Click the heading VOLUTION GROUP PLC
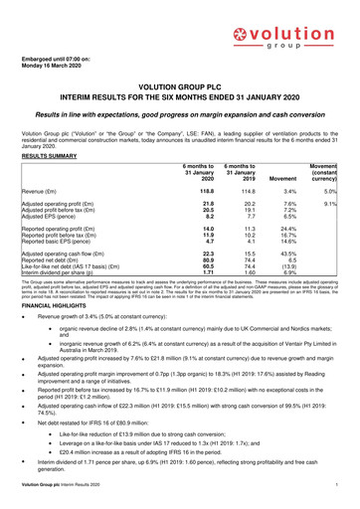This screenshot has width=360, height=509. click(179, 86)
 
